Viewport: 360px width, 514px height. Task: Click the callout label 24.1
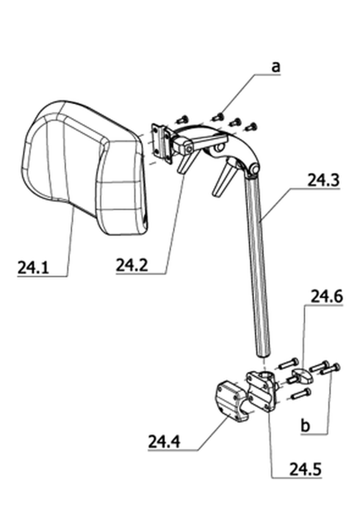33,267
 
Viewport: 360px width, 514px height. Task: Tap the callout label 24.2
132,265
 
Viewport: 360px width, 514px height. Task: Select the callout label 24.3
323,180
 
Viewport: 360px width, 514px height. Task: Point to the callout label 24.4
164,441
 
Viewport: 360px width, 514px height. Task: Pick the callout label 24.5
305,469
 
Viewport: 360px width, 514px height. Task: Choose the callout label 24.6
326,297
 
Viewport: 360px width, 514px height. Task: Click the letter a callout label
276,67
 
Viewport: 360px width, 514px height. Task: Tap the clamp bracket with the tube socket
261,390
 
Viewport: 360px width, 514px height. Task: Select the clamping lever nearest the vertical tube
224,179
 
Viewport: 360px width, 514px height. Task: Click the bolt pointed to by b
331,369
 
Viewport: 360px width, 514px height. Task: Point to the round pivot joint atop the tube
254,169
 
